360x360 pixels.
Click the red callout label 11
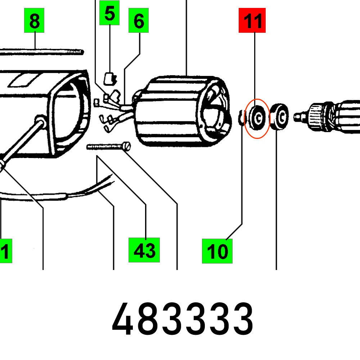pos(252,21)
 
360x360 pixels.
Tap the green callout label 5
pos(109,13)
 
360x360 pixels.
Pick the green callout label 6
pos(139,21)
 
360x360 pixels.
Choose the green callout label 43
pos(144,250)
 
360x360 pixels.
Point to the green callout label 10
pos(217,251)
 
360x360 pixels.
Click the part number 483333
pos(183,319)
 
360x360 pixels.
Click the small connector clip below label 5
pos(109,77)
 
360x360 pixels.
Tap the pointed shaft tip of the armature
pos(297,117)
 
